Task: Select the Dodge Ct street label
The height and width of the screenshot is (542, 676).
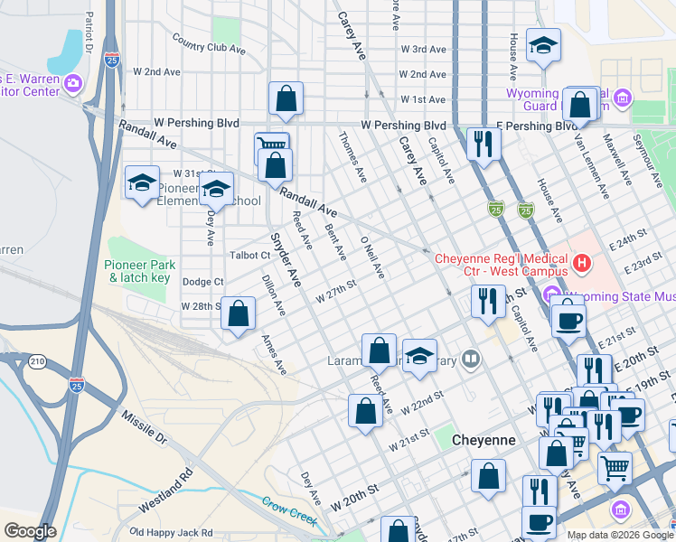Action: click(x=202, y=282)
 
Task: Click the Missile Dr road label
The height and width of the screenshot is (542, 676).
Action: click(x=145, y=427)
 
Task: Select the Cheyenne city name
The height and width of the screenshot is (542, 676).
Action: click(x=484, y=440)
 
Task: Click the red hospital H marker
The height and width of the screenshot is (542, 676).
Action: click(x=582, y=264)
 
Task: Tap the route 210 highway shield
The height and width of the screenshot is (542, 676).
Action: click(x=37, y=362)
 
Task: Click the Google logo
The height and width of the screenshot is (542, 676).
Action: click(x=30, y=531)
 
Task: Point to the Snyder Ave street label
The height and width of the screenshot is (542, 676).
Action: click(x=285, y=261)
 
